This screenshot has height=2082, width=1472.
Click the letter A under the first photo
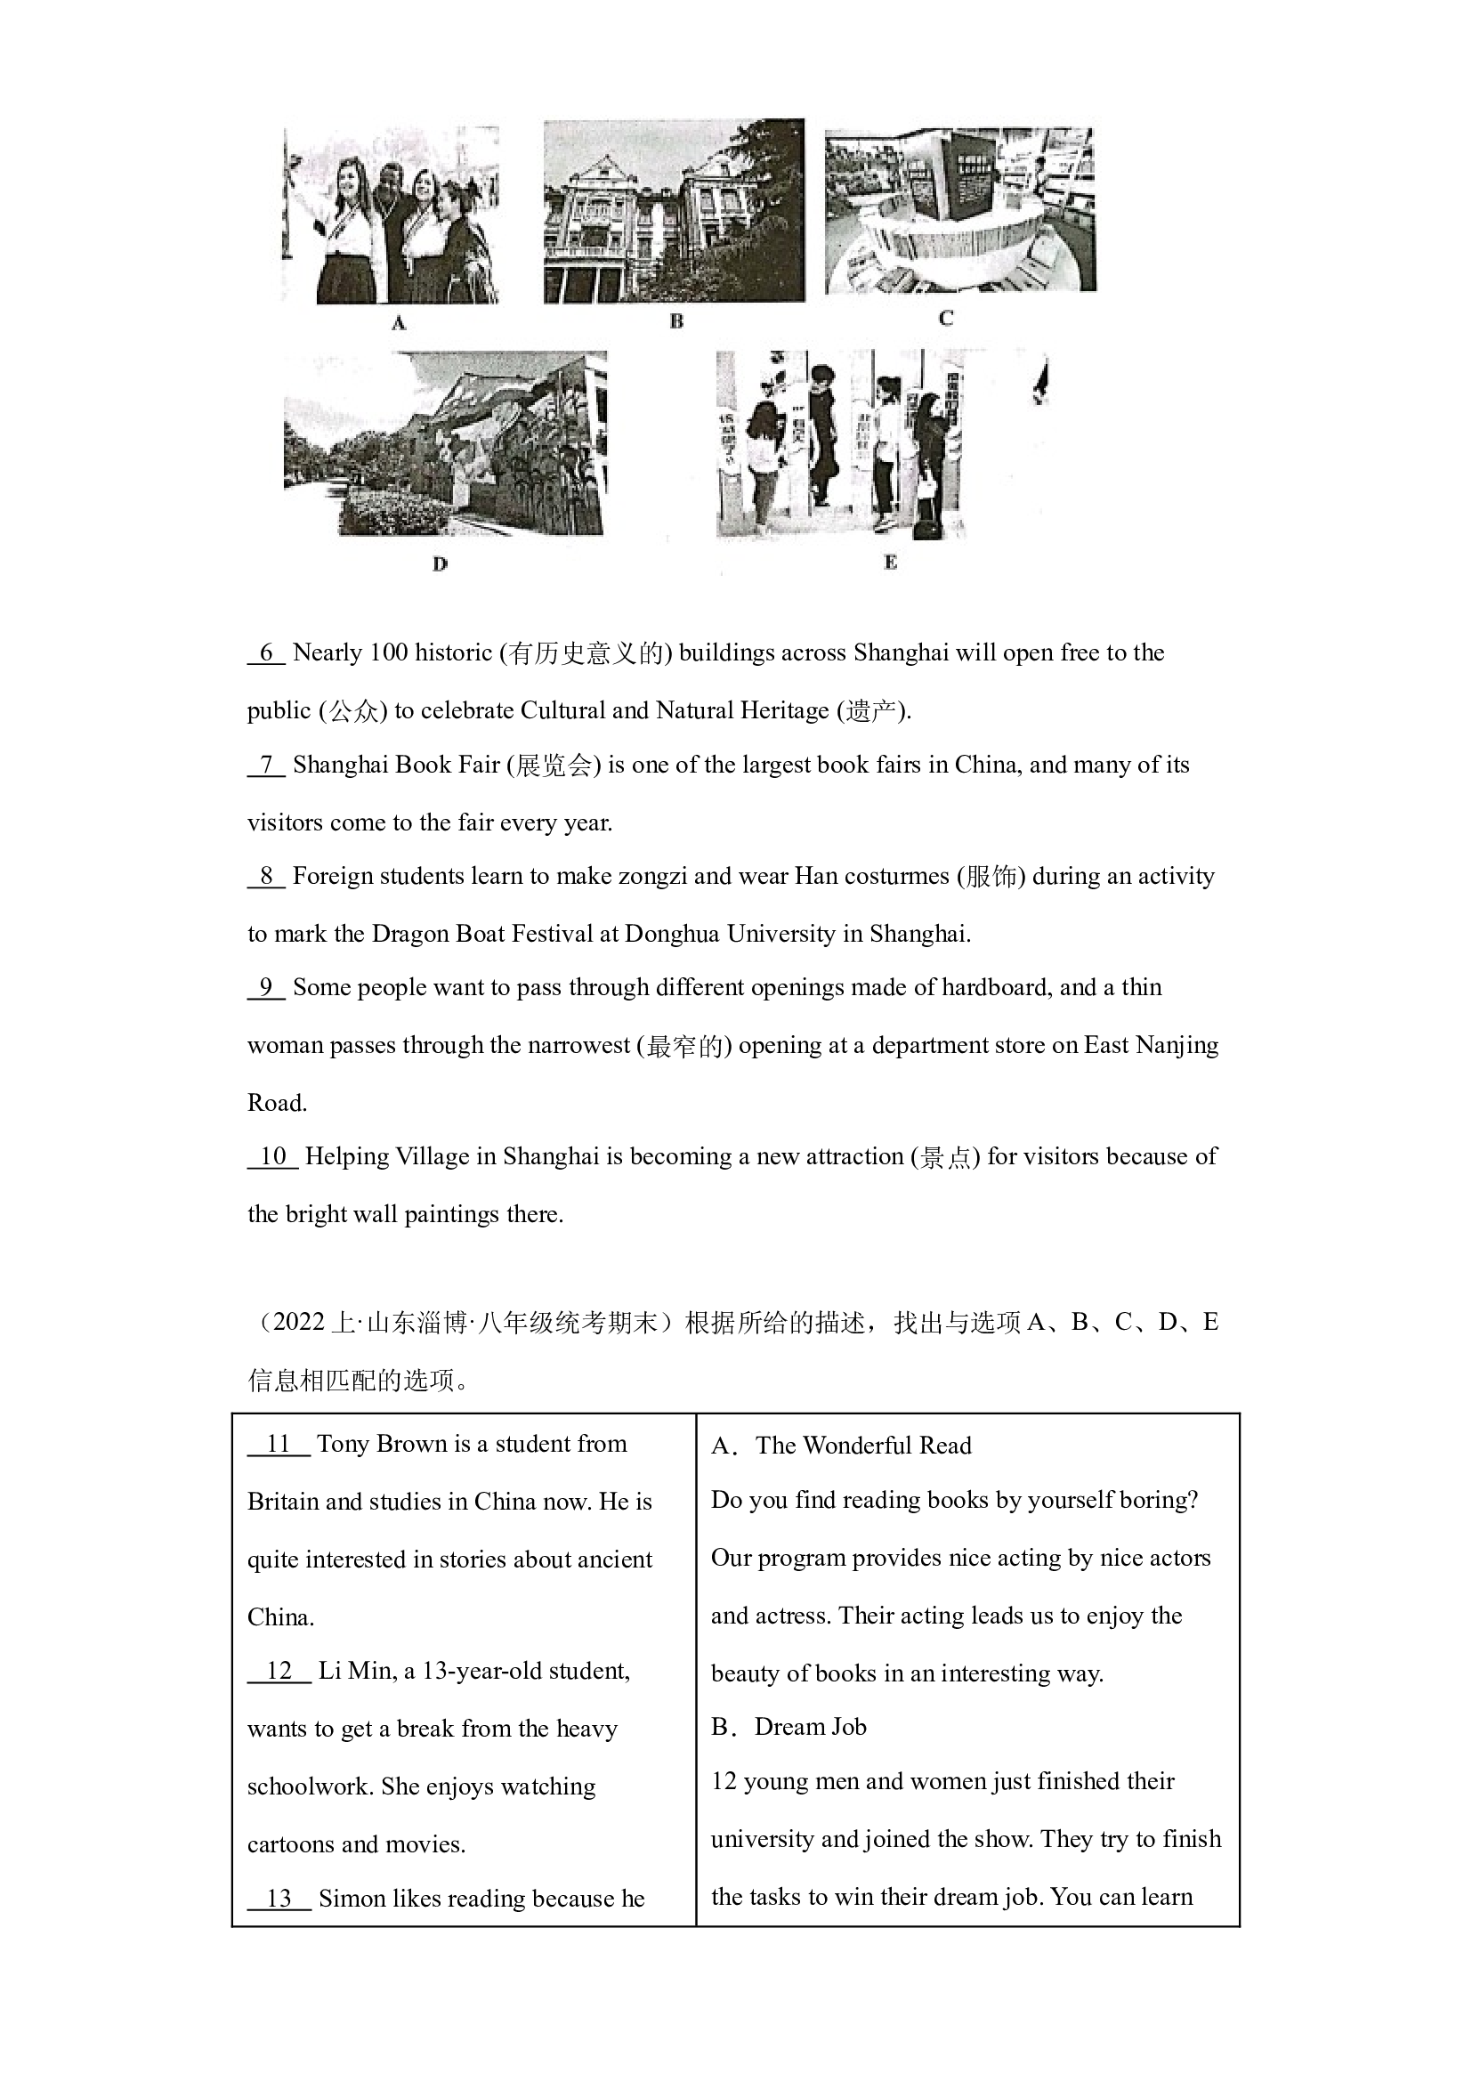tap(398, 323)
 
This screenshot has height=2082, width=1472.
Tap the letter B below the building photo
tap(676, 321)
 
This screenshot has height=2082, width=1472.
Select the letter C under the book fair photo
tap(945, 319)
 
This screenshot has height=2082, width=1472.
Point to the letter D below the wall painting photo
tap(440, 564)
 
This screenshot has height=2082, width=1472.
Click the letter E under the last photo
tap(890, 563)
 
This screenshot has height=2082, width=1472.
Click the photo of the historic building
tap(674, 211)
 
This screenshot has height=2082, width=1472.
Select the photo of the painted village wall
tap(445, 443)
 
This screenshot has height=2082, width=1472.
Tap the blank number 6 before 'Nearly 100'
tap(266, 652)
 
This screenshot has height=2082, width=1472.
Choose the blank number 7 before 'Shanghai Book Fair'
tap(266, 766)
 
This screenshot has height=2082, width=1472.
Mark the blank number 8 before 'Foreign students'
tap(266, 876)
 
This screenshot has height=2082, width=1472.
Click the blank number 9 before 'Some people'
tap(266, 987)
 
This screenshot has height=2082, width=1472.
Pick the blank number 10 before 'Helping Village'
tap(273, 1157)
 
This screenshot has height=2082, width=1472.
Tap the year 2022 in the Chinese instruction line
tap(298, 1322)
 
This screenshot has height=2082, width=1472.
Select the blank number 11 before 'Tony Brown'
tap(279, 1445)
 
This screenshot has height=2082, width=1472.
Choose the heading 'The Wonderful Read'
tap(863, 1446)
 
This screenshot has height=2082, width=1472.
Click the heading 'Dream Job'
tap(811, 1727)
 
